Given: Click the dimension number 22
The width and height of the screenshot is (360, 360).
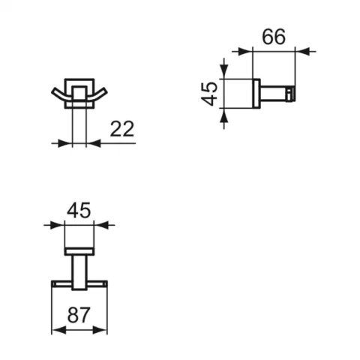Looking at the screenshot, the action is click(x=122, y=129).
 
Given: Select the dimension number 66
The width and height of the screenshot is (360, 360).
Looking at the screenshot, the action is click(x=274, y=37).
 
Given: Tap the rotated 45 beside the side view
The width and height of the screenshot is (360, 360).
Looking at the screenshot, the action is click(x=209, y=94).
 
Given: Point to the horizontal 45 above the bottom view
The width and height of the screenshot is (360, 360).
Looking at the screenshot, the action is click(x=79, y=210).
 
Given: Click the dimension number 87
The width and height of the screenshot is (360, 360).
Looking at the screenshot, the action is click(x=79, y=315).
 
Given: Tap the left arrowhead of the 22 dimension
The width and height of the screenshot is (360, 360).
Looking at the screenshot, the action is click(x=64, y=143).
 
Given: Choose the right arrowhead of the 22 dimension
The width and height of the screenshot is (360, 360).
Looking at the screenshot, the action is click(x=94, y=143).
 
